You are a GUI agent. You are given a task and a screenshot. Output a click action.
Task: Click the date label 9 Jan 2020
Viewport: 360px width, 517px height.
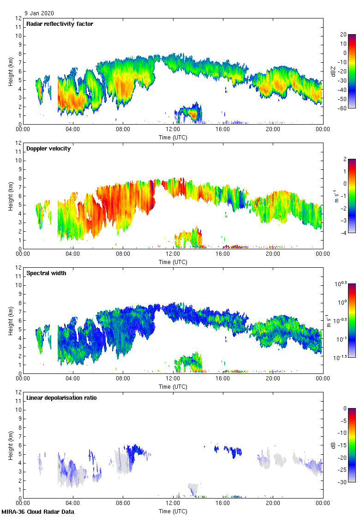(x=39, y=13)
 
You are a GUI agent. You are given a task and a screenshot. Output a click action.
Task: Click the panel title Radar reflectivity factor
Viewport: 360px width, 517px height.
(x=60, y=24)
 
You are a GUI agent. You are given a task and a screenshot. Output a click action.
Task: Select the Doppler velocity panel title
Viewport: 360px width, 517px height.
(x=48, y=149)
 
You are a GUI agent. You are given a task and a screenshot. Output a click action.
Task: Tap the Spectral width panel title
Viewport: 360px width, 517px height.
(x=46, y=273)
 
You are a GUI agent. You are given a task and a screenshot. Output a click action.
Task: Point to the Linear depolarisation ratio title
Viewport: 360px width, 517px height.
(x=61, y=398)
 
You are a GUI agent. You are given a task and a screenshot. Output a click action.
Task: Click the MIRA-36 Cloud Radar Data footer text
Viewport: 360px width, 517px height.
(x=38, y=512)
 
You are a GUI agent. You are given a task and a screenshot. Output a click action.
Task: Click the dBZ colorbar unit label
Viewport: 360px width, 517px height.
(x=333, y=71)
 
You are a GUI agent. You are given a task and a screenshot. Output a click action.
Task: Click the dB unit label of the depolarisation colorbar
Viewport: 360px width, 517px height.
(x=333, y=445)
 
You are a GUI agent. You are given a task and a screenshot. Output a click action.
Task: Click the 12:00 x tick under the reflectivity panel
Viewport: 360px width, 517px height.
(x=173, y=130)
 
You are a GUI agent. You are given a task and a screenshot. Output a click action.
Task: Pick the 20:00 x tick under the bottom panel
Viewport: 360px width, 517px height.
(x=273, y=504)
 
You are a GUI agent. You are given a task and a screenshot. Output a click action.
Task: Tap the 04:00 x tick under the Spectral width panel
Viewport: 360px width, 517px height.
(x=73, y=379)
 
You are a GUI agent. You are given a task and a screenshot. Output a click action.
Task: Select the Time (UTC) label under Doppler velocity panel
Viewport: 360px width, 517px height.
(x=173, y=262)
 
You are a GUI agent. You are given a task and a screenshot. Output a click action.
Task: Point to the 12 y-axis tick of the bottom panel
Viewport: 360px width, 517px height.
(x=18, y=392)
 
